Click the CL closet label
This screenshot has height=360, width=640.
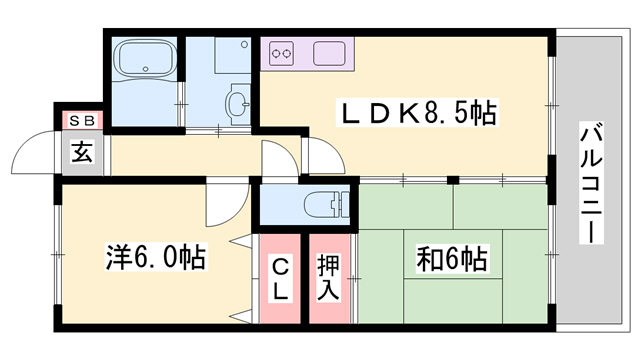pos(281,277)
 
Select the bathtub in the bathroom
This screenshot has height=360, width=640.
pos(144,66)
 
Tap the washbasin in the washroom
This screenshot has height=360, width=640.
pos(238,101)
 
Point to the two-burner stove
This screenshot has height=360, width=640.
pos(281,51)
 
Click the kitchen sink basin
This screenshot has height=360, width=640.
pos(329,51)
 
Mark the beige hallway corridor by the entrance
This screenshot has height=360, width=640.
pos(180,155)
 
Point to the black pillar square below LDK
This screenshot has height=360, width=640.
pos(452,181)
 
